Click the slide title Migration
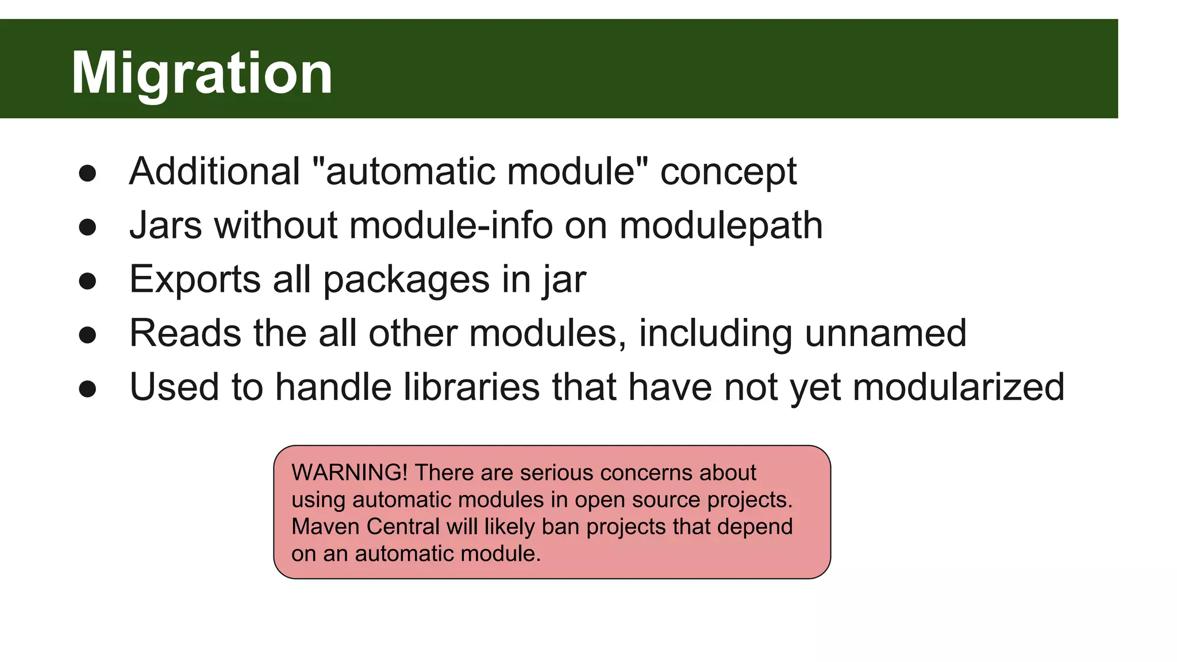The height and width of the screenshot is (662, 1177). tap(202, 73)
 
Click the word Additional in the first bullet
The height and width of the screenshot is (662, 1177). tap(214, 171)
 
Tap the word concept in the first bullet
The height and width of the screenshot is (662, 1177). tap(728, 172)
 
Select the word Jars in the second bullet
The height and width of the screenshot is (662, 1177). tap(166, 225)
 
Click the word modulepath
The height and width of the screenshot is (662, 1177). tap(721, 226)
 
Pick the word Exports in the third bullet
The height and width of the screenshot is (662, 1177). tap(195, 280)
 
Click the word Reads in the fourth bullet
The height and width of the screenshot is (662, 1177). tap(185, 333)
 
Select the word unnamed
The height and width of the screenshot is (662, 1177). tap(886, 333)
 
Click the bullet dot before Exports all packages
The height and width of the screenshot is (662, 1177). tap(87, 281)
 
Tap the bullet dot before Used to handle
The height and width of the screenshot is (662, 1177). tap(87, 388)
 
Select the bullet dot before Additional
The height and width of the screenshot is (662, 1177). tap(87, 173)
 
